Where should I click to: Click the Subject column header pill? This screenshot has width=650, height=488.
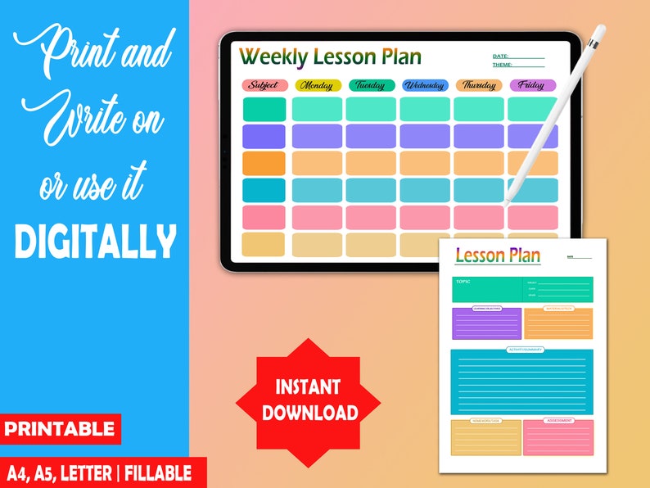(x=265, y=85)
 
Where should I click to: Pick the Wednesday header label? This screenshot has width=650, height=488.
(x=425, y=85)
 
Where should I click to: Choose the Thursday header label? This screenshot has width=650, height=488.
(x=479, y=85)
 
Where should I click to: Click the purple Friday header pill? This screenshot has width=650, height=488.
(x=532, y=85)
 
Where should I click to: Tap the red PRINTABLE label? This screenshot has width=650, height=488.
(x=61, y=428)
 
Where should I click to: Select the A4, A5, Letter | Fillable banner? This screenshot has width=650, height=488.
(x=99, y=472)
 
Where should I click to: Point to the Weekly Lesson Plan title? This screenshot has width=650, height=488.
(x=330, y=56)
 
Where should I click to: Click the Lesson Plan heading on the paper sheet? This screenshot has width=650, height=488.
(x=498, y=255)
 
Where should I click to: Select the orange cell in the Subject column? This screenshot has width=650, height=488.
(x=264, y=163)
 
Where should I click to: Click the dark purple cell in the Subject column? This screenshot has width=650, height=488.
(x=264, y=136)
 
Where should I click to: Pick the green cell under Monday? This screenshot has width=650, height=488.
(x=317, y=109)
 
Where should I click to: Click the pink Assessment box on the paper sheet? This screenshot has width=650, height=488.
(x=557, y=438)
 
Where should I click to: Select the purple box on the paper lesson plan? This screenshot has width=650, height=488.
(x=486, y=324)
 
